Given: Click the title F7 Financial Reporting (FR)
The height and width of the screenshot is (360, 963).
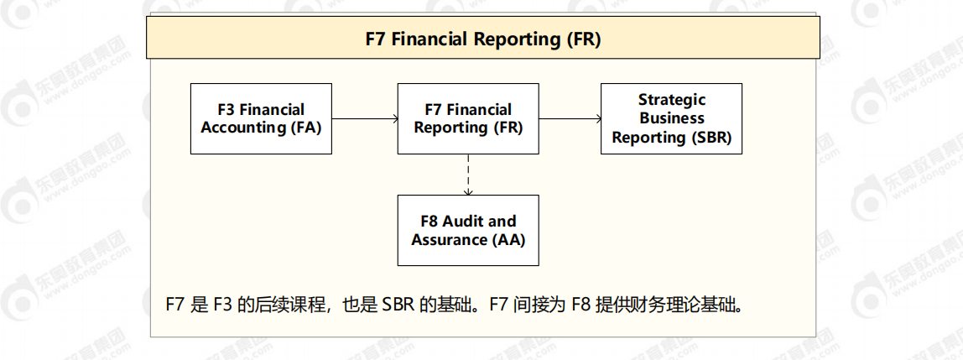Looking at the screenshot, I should tap(483, 39).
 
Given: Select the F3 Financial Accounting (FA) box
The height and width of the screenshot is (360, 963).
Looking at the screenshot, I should tap(261, 118).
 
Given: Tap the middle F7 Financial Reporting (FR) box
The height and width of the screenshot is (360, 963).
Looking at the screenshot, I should tap(468, 118).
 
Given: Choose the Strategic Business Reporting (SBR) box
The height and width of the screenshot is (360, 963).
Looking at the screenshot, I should tap(671, 118).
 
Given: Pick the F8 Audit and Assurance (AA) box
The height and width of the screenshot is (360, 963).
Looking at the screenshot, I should tap(468, 230).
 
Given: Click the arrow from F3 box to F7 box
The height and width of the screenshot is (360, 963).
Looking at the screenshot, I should tap(365, 119).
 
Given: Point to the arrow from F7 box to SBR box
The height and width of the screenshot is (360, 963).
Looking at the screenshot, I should tap(570, 119).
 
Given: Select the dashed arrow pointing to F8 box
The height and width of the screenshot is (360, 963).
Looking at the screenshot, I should tap(468, 174).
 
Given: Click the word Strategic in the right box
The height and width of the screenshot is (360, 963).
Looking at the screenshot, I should tap(672, 100).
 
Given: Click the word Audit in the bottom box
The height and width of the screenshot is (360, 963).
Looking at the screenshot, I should tap(467, 222).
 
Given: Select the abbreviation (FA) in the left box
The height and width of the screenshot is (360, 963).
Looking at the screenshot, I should tap(305, 128).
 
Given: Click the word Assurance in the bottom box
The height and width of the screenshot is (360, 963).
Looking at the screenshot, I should tap(450, 239).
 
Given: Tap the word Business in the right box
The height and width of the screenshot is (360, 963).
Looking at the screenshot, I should tap(672, 118).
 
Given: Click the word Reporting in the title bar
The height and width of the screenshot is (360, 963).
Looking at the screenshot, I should tap(516, 39).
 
